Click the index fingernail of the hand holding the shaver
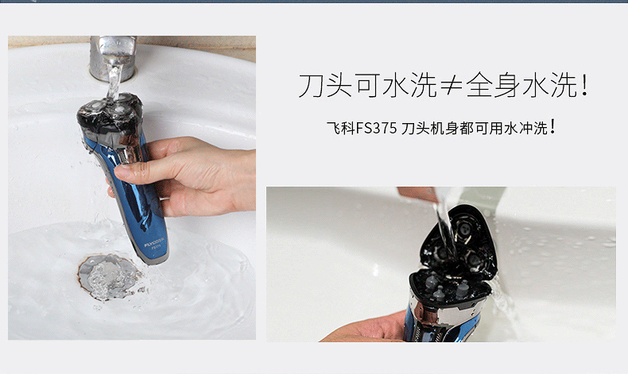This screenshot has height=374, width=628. [122, 172]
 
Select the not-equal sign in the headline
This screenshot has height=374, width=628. [451, 85]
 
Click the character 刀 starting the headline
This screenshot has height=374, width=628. [311, 85]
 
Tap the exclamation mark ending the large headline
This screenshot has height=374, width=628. [585, 84]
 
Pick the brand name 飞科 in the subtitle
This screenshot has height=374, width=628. [341, 129]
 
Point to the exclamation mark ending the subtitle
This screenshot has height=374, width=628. [552, 126]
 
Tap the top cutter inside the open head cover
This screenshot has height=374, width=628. [463, 229]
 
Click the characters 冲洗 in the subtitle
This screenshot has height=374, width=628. [533, 129]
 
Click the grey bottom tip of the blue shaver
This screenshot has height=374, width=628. [155, 260]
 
